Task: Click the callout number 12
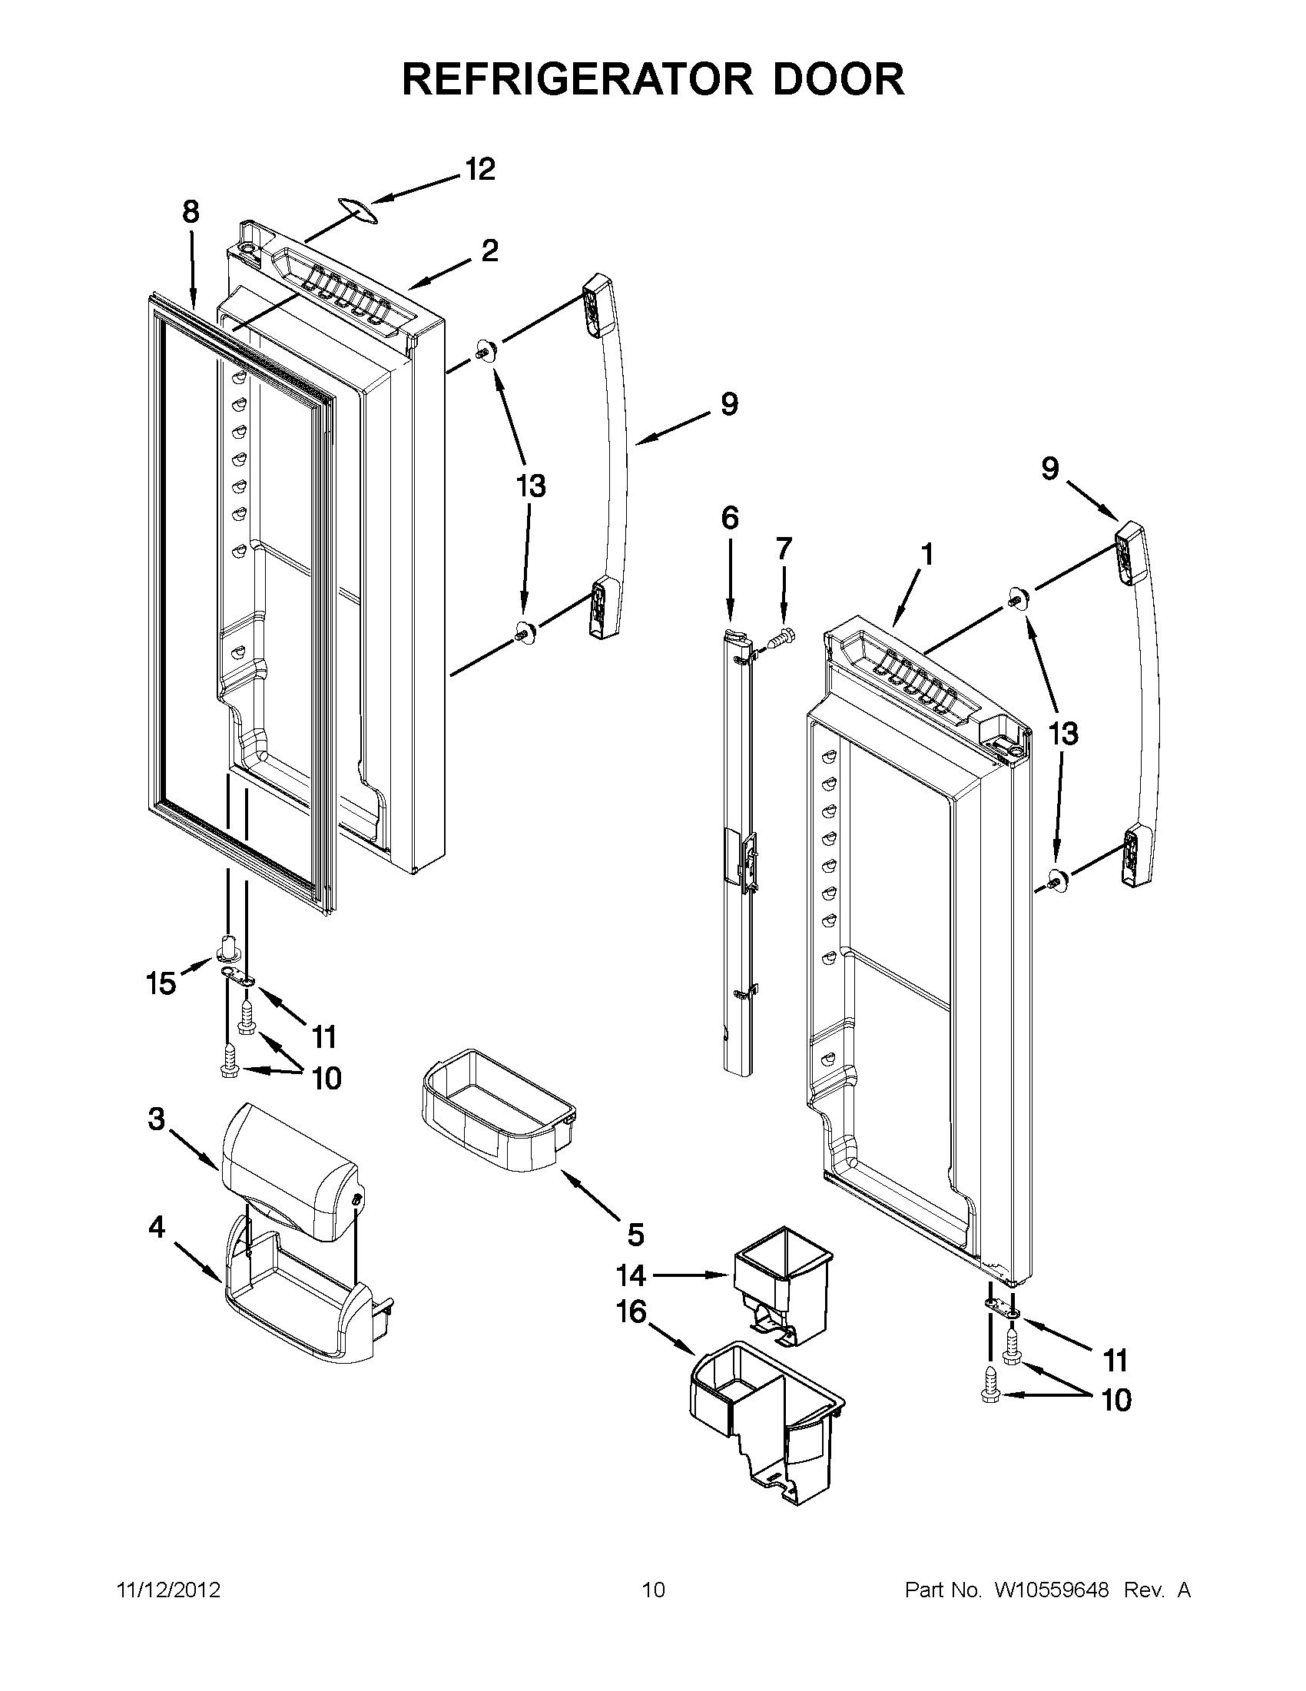coord(480,170)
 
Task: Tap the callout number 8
coord(191,211)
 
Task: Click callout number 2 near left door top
coord(489,251)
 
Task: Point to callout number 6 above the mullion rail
coord(730,517)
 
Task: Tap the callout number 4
coord(157,1227)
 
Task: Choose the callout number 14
coord(631,1275)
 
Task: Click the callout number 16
coord(631,1312)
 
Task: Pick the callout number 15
coord(161,984)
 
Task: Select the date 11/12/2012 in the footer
coord(168,1590)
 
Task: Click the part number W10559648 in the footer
coord(1051,1590)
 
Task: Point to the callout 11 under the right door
coord(1115,1360)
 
